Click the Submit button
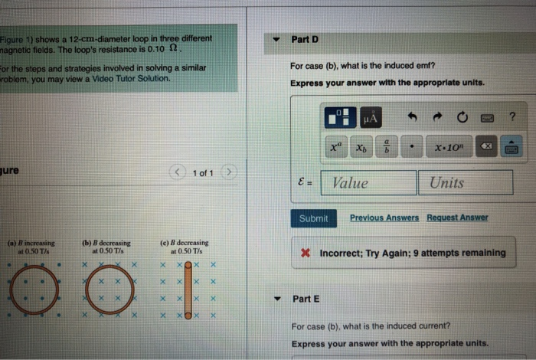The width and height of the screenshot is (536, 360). point(313,218)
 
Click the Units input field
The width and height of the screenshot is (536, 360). point(465,182)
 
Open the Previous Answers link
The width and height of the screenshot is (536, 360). point(384,218)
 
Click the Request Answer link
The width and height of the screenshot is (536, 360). point(457,218)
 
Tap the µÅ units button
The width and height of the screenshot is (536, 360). point(371,117)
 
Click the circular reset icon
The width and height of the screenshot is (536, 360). point(462,117)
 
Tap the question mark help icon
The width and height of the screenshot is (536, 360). point(512,116)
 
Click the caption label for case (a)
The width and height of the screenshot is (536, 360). point(28,247)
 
